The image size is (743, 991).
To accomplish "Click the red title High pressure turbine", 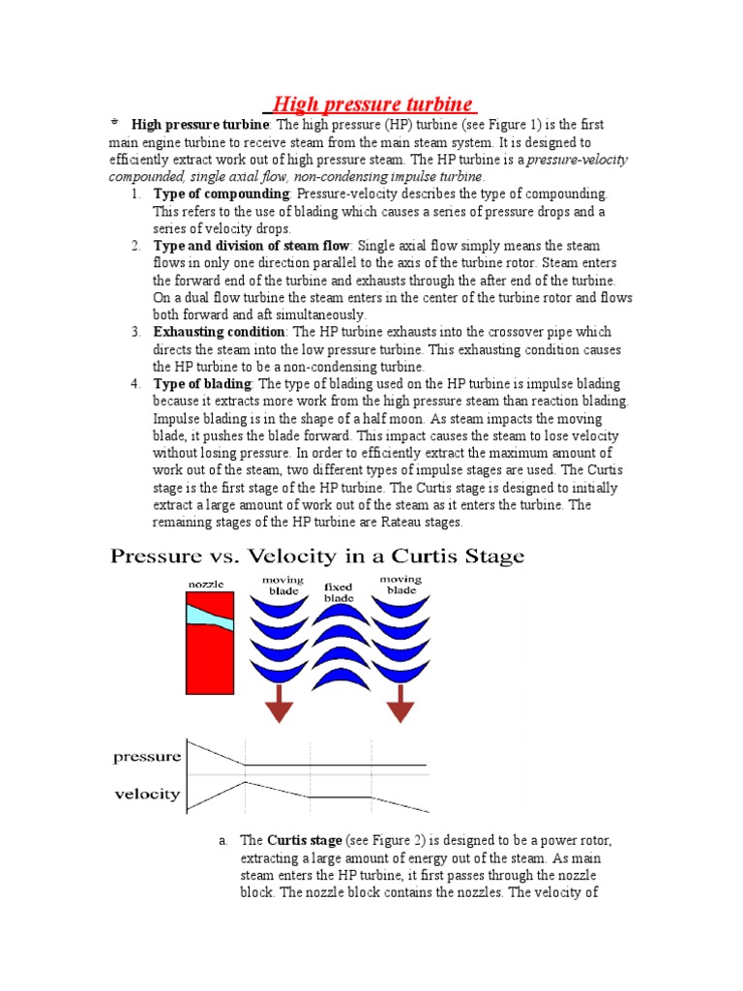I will pyautogui.click(x=371, y=104).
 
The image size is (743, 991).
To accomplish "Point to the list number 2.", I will pyautogui.click(x=136, y=246).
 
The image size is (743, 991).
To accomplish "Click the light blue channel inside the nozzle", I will pyautogui.click(x=209, y=616).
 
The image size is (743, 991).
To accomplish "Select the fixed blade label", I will pyautogui.click(x=339, y=592).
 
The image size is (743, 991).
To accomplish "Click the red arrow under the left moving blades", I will pyautogui.click(x=281, y=702).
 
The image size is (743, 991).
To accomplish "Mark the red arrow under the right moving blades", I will pyautogui.click(x=400, y=702).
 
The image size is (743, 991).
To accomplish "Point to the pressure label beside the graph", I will pyautogui.click(x=147, y=756).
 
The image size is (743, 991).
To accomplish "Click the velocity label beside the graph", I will pyautogui.click(x=147, y=794).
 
